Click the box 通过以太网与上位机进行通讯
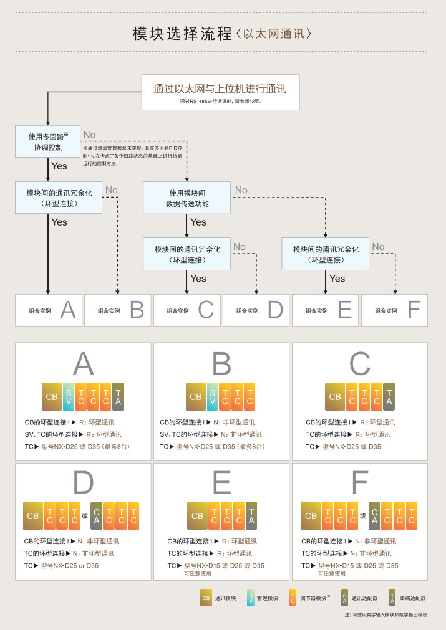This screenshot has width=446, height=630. (x=220, y=92)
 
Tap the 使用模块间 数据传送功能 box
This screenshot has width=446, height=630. (x=187, y=198)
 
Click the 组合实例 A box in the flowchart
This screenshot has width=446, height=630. (x=49, y=310)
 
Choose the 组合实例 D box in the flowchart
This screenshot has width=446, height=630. (x=256, y=310)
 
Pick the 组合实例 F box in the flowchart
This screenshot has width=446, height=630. (x=394, y=310)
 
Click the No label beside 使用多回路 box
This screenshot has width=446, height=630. (x=89, y=135)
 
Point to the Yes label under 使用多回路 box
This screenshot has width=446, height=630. (x=59, y=166)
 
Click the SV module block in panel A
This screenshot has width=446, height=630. (x=69, y=396)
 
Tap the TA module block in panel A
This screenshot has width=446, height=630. (x=118, y=396)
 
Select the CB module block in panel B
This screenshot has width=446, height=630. (x=195, y=396)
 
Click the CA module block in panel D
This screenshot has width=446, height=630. (x=96, y=516)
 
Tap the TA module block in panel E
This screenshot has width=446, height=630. (x=251, y=516)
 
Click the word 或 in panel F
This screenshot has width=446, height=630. (x=362, y=516)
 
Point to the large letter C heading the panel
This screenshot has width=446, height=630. (x=360, y=364)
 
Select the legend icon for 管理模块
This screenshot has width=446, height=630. (x=251, y=598)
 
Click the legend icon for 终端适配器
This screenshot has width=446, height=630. (x=392, y=598)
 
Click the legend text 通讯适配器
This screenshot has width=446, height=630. (x=364, y=598)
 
